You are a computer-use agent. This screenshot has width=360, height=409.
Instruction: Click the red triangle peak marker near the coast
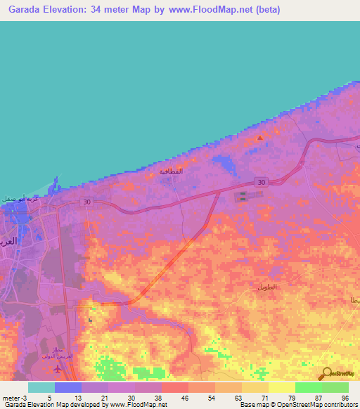(x=260, y=138)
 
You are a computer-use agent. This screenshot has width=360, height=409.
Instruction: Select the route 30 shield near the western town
(x=86, y=202)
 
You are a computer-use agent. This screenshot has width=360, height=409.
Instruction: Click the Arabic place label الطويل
(x=268, y=287)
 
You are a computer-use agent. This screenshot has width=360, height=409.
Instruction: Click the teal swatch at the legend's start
(x=41, y=387)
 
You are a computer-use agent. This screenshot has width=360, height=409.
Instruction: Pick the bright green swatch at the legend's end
(x=335, y=387)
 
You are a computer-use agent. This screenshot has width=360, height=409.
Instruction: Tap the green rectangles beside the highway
(x=244, y=197)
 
